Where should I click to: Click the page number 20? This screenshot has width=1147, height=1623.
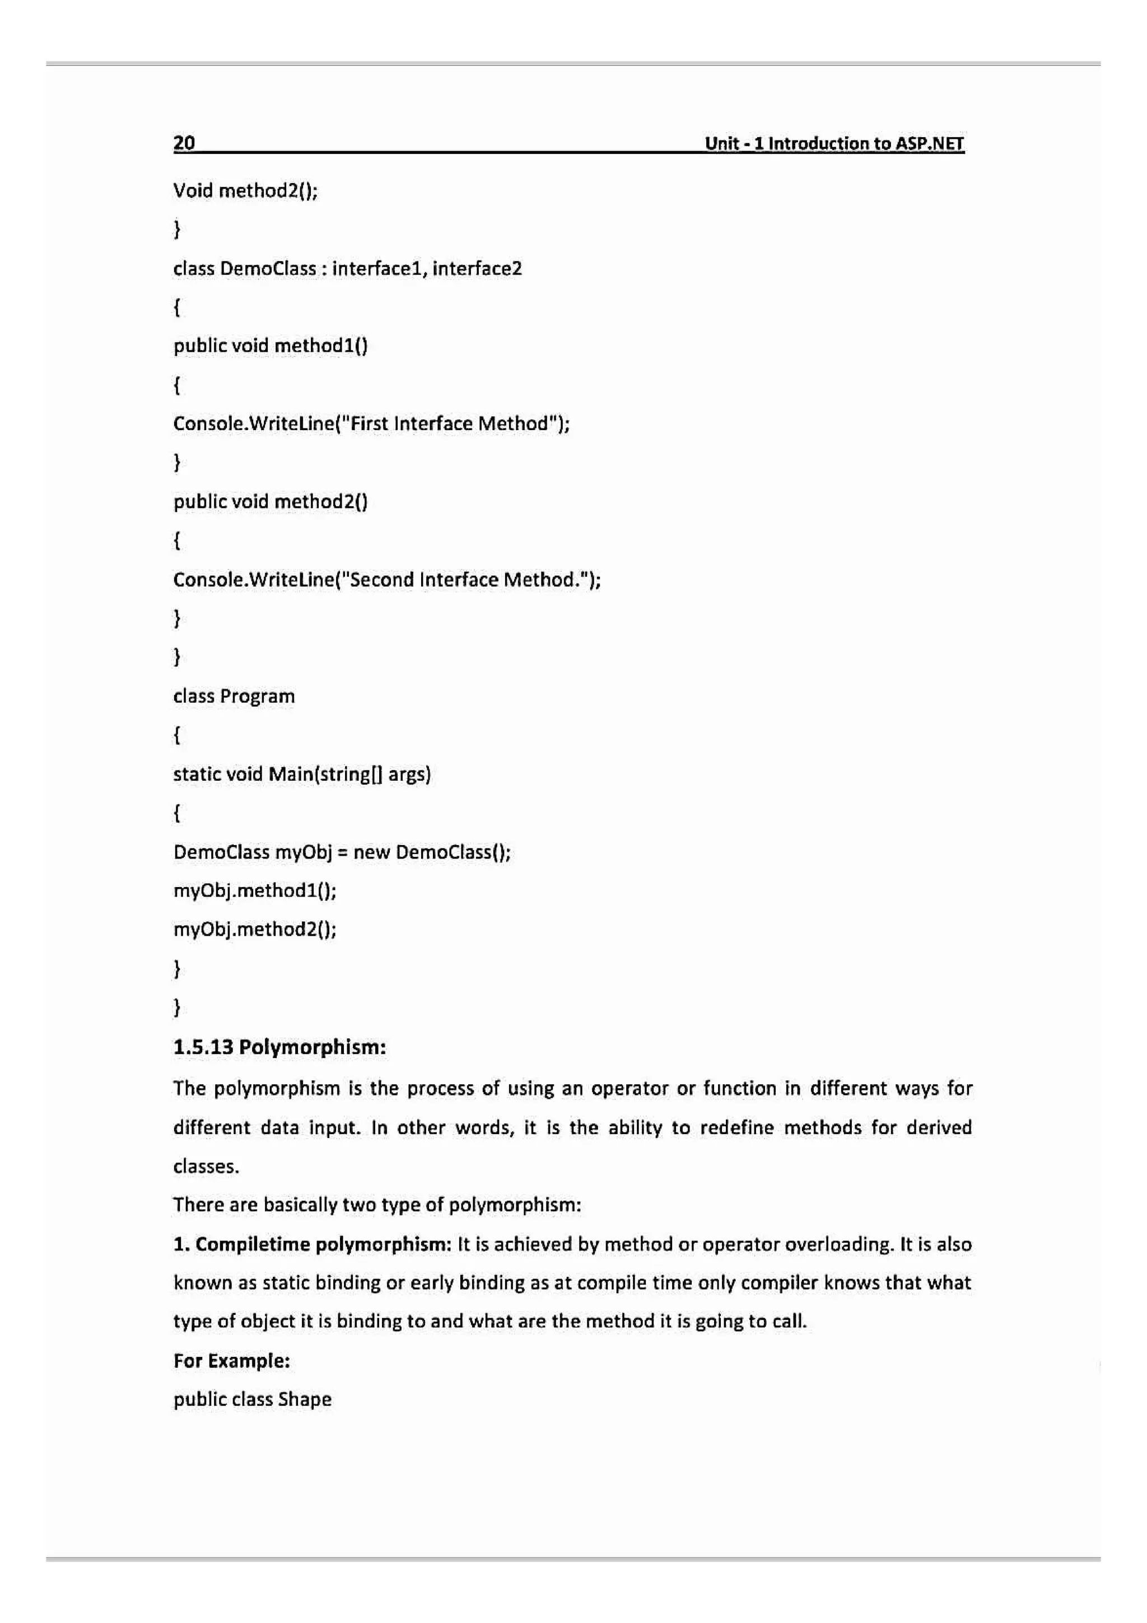184,143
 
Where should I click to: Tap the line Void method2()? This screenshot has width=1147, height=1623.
245,191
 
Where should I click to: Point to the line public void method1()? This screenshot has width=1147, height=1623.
271,346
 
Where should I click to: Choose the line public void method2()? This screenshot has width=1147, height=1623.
271,502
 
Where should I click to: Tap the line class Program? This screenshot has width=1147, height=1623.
234,696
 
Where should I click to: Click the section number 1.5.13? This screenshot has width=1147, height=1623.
203,1047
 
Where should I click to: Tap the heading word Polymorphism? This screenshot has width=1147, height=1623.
313,1047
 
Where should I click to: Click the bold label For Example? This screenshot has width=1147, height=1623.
232,1361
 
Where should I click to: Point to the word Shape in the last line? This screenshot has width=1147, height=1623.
305,1400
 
